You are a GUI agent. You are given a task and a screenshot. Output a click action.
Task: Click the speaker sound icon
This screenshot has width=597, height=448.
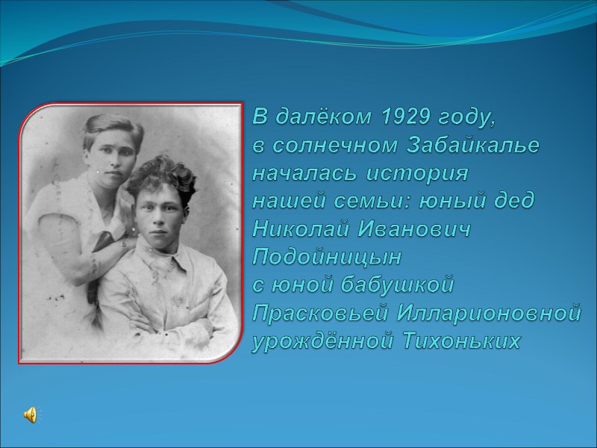(x=31, y=415)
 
